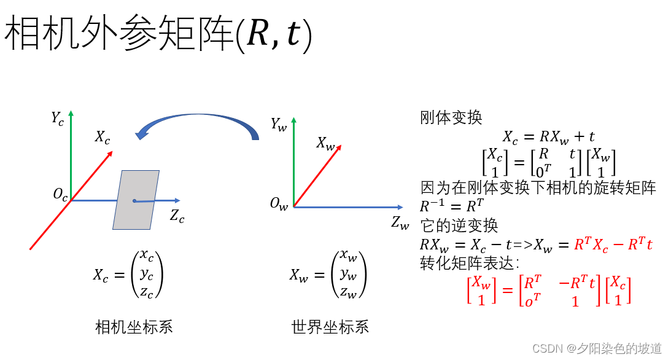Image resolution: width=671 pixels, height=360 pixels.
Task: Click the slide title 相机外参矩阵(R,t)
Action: tap(158, 36)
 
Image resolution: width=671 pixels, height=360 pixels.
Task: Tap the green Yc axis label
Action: tap(57, 118)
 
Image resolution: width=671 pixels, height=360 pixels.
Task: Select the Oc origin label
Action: tap(60, 195)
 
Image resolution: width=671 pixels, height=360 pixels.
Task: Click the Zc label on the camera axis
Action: tap(177, 216)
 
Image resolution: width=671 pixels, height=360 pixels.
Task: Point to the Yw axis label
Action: tap(279, 124)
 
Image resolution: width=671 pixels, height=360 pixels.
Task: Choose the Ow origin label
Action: tap(278, 205)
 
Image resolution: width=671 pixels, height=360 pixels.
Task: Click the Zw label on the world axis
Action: tap(400, 223)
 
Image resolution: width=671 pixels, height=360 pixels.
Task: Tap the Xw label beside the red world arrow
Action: tap(325, 143)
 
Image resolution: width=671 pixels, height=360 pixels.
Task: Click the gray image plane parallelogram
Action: tap(136, 200)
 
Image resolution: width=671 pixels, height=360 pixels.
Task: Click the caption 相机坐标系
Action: tap(134, 326)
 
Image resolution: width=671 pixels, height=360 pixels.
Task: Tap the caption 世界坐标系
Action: tap(330, 326)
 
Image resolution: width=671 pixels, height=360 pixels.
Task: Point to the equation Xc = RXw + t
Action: tap(548, 136)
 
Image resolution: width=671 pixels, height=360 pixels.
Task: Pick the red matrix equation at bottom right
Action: tap(549, 291)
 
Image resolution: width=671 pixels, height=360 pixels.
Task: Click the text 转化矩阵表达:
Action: tap(470, 263)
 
